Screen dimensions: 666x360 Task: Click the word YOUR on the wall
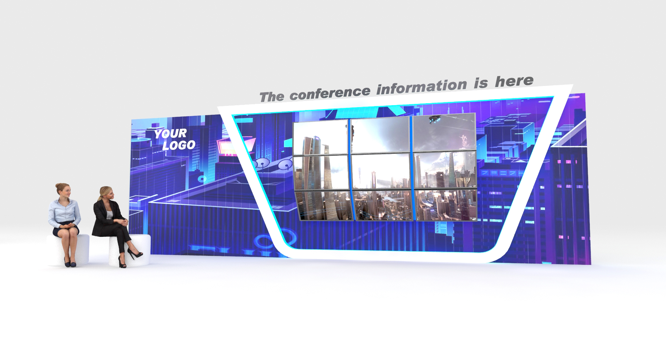170,134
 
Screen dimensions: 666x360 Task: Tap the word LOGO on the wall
179,145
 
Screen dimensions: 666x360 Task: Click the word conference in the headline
330,92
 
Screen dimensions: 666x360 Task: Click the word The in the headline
272,97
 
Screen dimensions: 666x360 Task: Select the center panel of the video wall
380,172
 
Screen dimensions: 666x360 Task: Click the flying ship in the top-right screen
435,119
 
